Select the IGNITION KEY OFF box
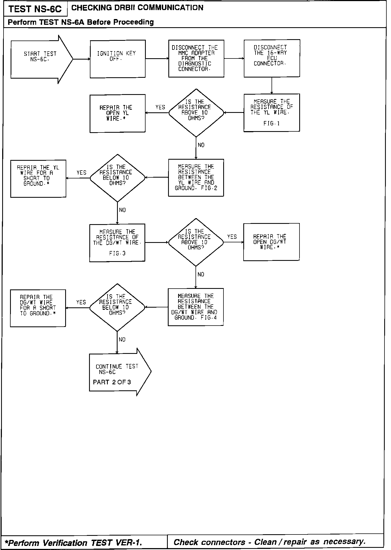pyautogui.click(x=118, y=59)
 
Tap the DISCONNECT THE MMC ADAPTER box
pyautogui.click(x=196, y=58)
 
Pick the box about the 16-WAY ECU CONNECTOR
pyautogui.click(x=272, y=58)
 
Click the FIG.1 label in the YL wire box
pyautogui.click(x=272, y=123)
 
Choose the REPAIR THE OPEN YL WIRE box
pyautogui.click(x=117, y=113)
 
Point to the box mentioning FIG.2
pyautogui.click(x=196, y=178)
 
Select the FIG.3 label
pyautogui.click(x=117, y=254)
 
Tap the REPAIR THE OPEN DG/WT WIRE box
pyautogui.click(x=271, y=242)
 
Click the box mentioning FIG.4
pyautogui.click(x=195, y=307)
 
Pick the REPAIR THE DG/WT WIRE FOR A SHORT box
pyautogui.click(x=38, y=308)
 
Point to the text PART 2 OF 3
pyautogui.click(x=112, y=382)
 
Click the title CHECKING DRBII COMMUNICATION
pyautogui.click(x=137, y=8)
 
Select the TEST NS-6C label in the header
pyautogui.click(x=35, y=9)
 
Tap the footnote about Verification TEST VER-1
pyautogui.click(x=73, y=543)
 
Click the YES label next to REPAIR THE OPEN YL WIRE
pyautogui.click(x=160, y=107)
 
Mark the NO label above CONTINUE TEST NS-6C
pyautogui.click(x=122, y=339)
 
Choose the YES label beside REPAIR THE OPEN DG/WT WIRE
pyautogui.click(x=232, y=237)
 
